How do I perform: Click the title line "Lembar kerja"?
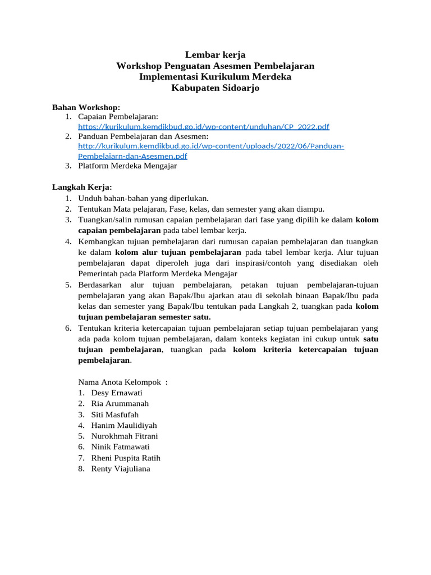click(x=215, y=55)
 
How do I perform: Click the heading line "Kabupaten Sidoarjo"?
click(x=215, y=88)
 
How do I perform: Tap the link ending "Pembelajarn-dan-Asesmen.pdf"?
click(x=132, y=156)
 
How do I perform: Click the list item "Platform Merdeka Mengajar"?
click(x=127, y=166)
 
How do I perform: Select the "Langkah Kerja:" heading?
click(x=82, y=186)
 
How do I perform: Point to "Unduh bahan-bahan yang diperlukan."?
click(x=143, y=198)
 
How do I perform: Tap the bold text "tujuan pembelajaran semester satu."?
click(x=144, y=317)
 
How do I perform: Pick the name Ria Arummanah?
click(x=120, y=404)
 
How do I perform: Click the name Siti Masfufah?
click(x=114, y=414)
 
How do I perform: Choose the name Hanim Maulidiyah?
click(x=124, y=425)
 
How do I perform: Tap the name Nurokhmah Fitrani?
click(x=125, y=436)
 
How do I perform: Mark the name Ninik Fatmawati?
click(x=121, y=447)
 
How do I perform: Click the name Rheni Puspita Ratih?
click(x=126, y=458)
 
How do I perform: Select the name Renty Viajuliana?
click(x=121, y=468)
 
